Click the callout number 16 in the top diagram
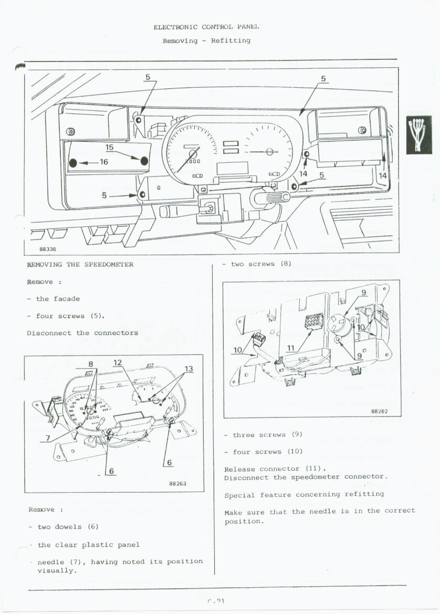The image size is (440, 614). click(103, 162)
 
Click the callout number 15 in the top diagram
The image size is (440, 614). click(109, 147)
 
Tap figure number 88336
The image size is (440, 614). click(48, 249)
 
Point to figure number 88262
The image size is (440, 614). click(379, 411)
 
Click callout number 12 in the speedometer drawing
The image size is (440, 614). click(118, 362)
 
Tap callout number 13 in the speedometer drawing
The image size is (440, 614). click(189, 369)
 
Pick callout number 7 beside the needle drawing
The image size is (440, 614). click(48, 438)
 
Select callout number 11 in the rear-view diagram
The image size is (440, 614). click(291, 348)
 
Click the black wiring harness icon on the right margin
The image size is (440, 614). click(418, 135)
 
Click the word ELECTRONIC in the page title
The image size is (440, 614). click(175, 27)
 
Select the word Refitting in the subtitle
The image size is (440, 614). click(231, 40)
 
